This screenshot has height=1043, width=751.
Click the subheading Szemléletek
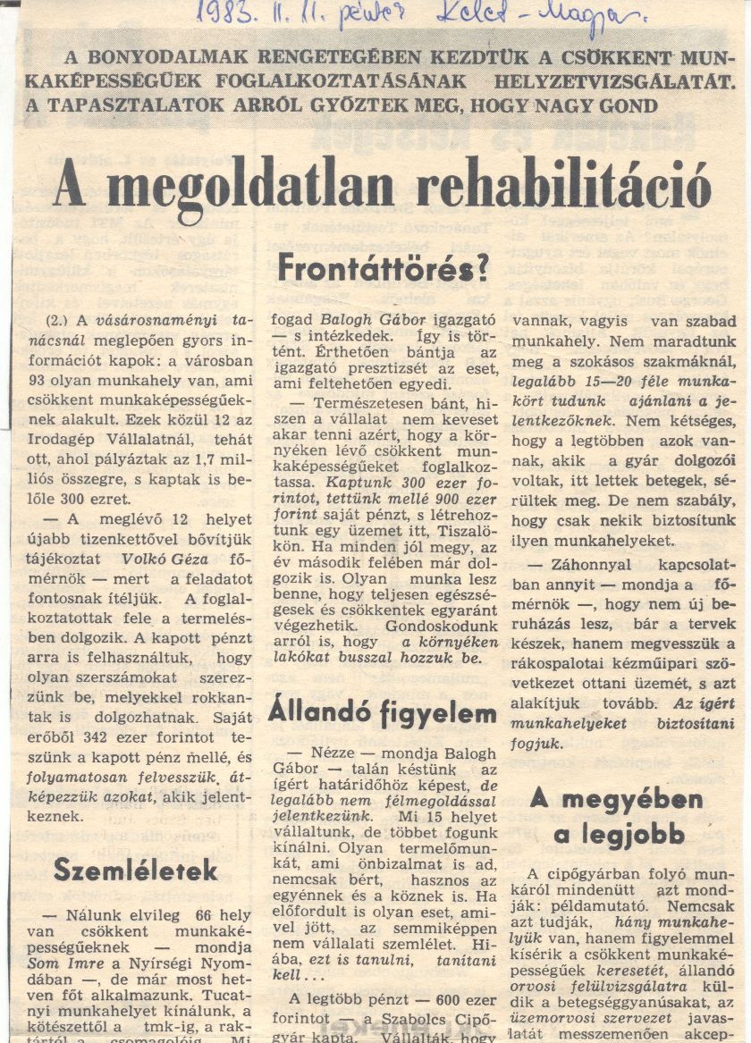[135, 869]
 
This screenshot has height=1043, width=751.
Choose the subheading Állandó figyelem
[383, 713]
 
